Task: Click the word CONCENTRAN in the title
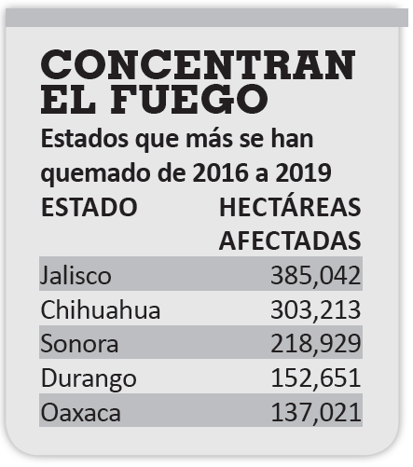(x=198, y=64)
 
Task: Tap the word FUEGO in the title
(x=189, y=99)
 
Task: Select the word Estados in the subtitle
(x=85, y=139)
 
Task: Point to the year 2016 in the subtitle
(x=222, y=172)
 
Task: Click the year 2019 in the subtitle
(x=303, y=172)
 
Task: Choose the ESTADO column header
(x=89, y=207)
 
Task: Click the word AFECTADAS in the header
(x=290, y=240)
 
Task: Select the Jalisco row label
(x=76, y=276)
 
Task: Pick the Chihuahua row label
(x=101, y=309)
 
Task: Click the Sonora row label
(x=79, y=344)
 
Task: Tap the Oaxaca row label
(x=80, y=413)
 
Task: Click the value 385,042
(x=316, y=276)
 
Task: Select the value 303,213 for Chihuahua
(x=316, y=310)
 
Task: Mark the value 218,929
(x=316, y=344)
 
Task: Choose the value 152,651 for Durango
(x=316, y=378)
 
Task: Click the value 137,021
(x=316, y=412)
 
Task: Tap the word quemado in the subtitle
(x=97, y=174)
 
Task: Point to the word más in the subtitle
(x=209, y=140)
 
